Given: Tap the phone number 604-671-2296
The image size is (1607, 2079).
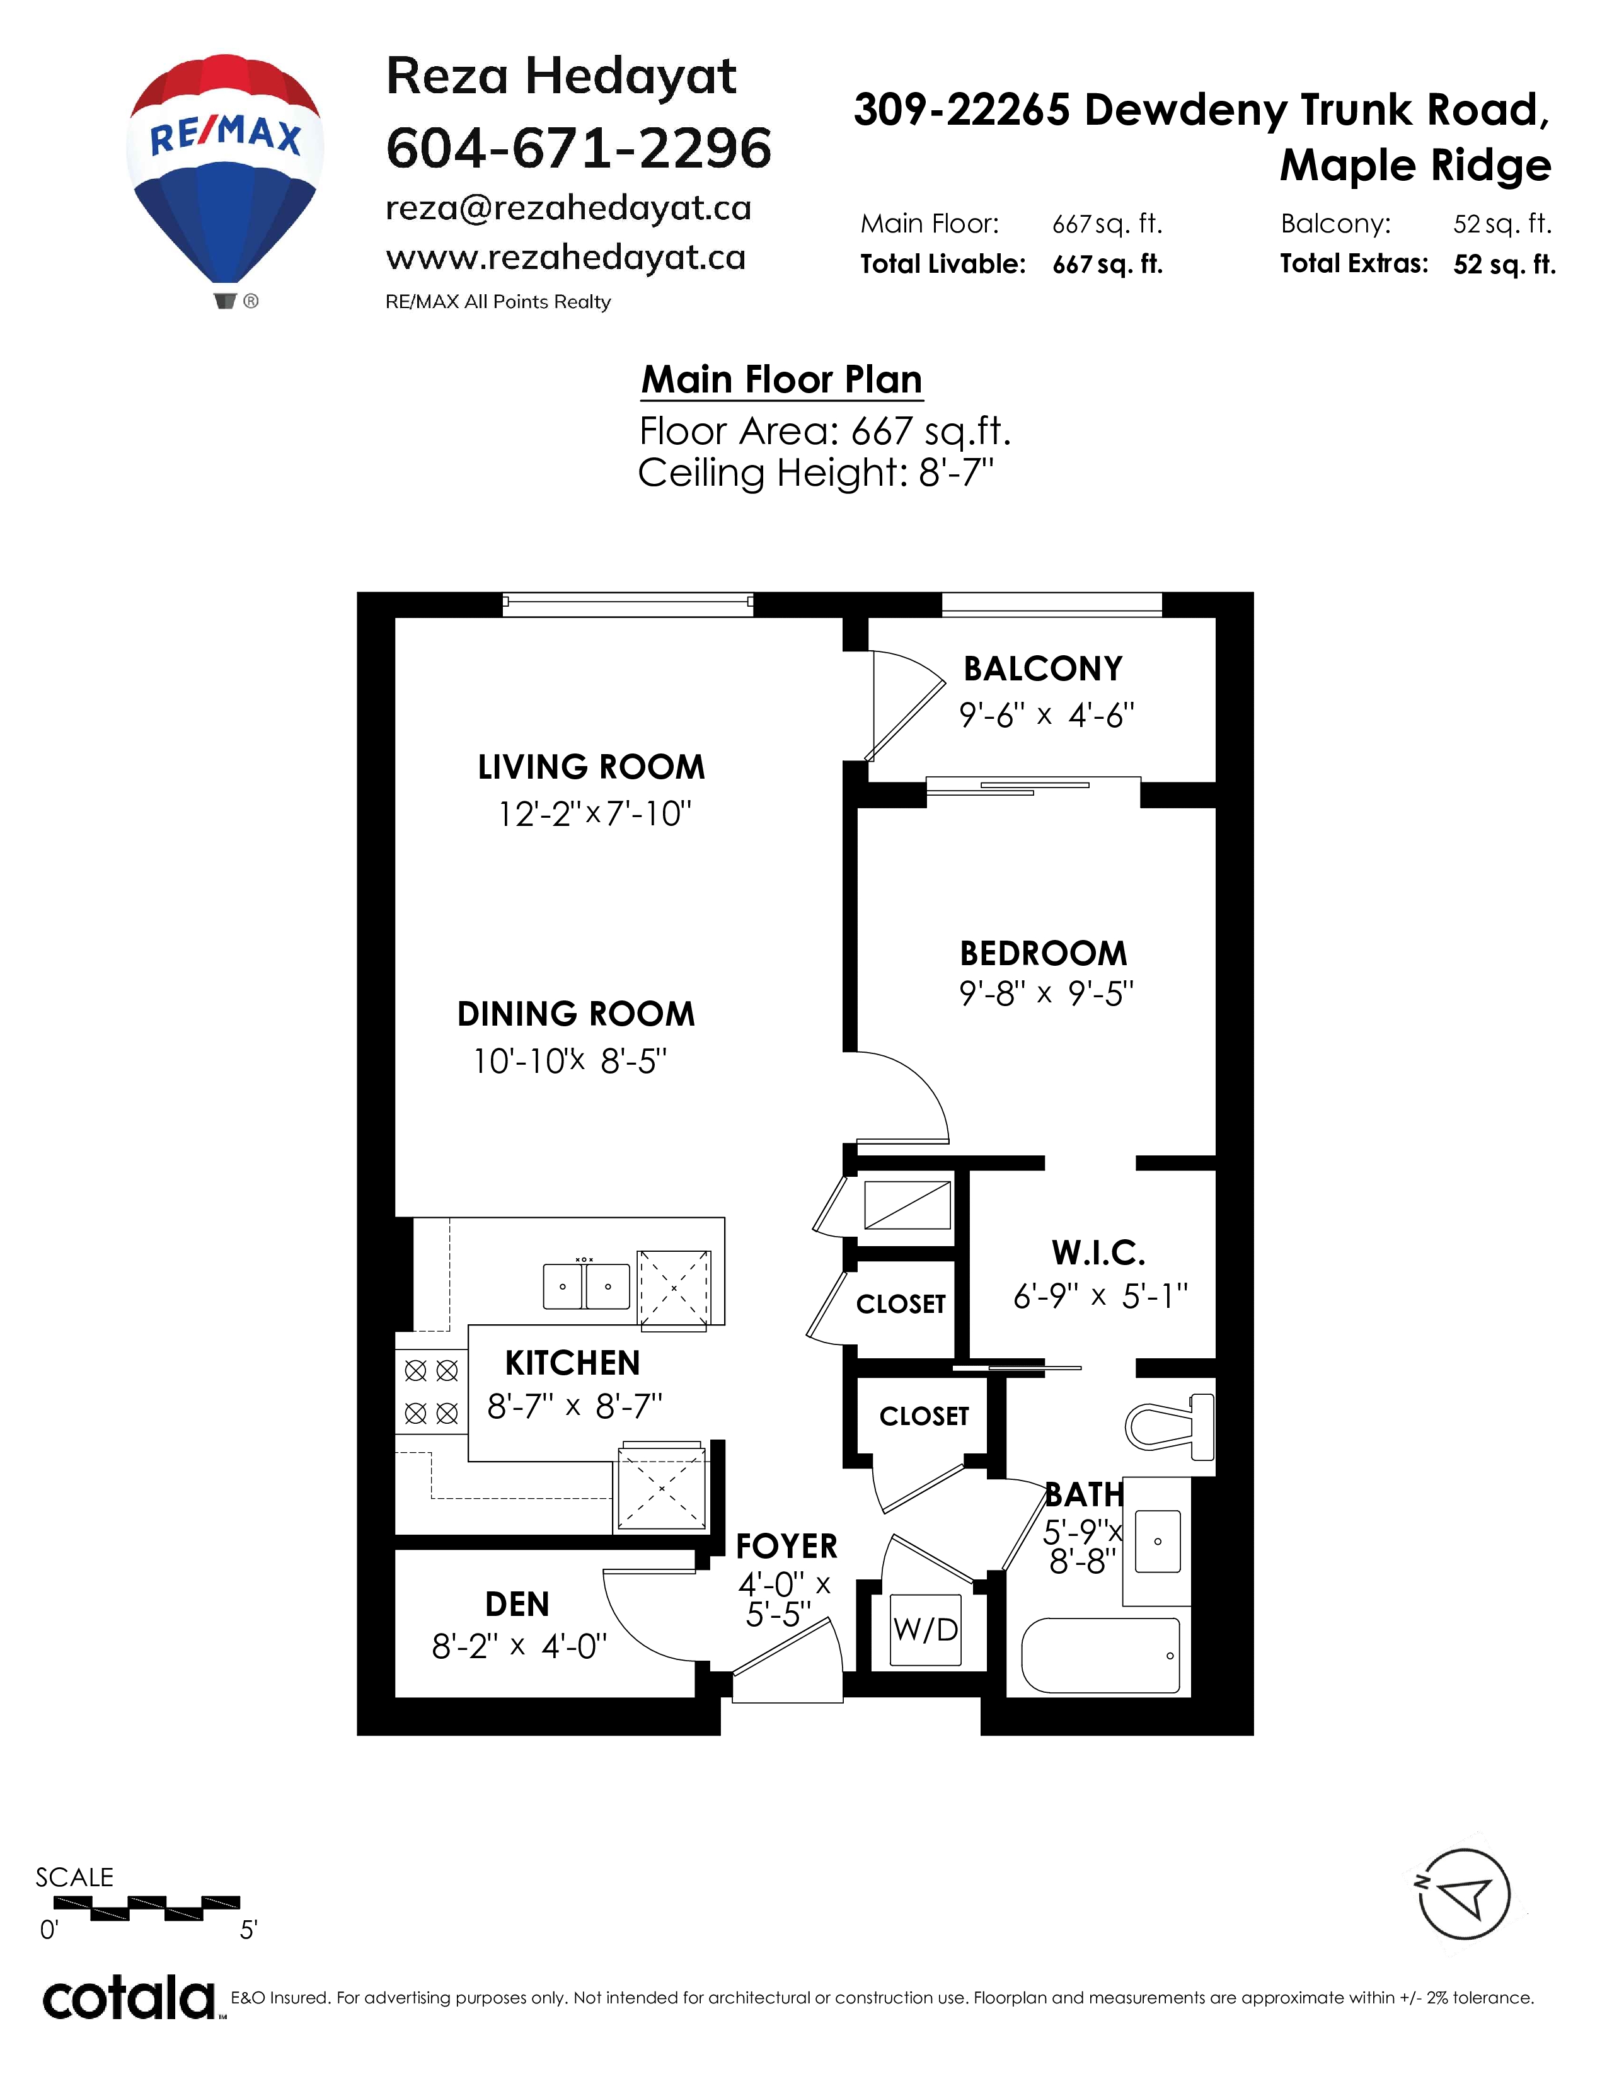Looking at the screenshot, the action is pos(579,149).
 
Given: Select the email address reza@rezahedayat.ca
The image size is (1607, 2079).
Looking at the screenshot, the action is pos(568,209).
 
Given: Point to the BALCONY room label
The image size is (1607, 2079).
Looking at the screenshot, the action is pos(1044,669).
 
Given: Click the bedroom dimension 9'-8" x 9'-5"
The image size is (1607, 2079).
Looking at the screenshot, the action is pos(1046,994).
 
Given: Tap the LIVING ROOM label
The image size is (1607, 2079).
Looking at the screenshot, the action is pos(591,767).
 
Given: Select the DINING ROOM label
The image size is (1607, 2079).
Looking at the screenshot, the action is pos(576,1014).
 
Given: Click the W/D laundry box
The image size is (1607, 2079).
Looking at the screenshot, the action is pos(925,1630).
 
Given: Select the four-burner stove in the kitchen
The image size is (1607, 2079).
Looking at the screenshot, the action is pos(431,1392).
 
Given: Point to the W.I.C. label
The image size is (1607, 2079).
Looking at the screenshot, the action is pos(1098,1252).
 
